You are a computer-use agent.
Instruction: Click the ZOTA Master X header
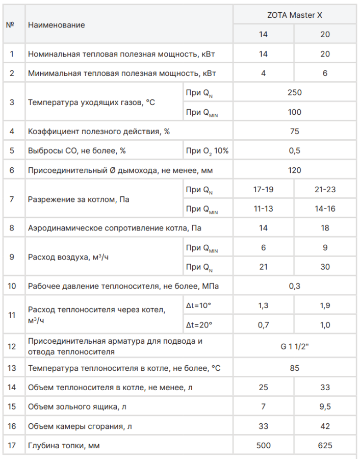295,15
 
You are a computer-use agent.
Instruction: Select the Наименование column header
57,25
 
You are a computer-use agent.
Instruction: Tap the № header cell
10,25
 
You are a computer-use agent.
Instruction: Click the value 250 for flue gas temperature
295,93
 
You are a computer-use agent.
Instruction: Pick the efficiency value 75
295,132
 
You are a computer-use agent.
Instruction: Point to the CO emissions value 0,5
295,151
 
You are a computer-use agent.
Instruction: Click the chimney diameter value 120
295,170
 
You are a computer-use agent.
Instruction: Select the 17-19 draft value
263,190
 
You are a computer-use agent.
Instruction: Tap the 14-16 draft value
325,209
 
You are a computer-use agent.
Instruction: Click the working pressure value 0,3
295,286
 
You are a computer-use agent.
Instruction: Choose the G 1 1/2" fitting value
295,347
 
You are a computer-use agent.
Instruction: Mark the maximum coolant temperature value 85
295,368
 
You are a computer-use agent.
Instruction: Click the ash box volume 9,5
325,407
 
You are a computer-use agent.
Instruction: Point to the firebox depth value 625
325,446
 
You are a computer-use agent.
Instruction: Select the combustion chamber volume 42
325,426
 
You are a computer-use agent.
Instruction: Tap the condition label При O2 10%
208,151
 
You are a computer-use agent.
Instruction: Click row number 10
12,286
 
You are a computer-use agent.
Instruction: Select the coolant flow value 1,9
325,305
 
